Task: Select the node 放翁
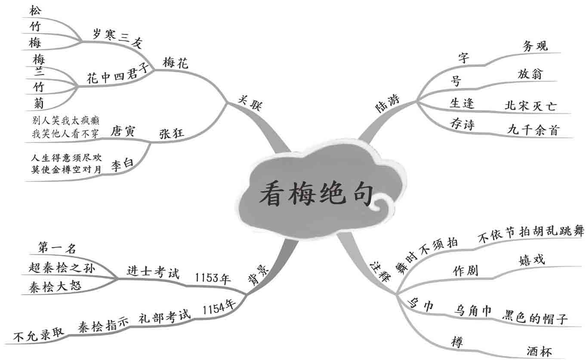530,74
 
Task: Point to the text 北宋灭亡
530,106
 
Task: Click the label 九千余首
533,130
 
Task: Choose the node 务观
535,46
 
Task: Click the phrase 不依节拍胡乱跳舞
531,233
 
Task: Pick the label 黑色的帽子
535,319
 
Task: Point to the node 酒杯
539,351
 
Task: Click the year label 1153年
213,278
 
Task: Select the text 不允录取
39,335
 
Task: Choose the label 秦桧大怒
56,287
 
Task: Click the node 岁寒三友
117,38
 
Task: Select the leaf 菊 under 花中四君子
38,102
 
